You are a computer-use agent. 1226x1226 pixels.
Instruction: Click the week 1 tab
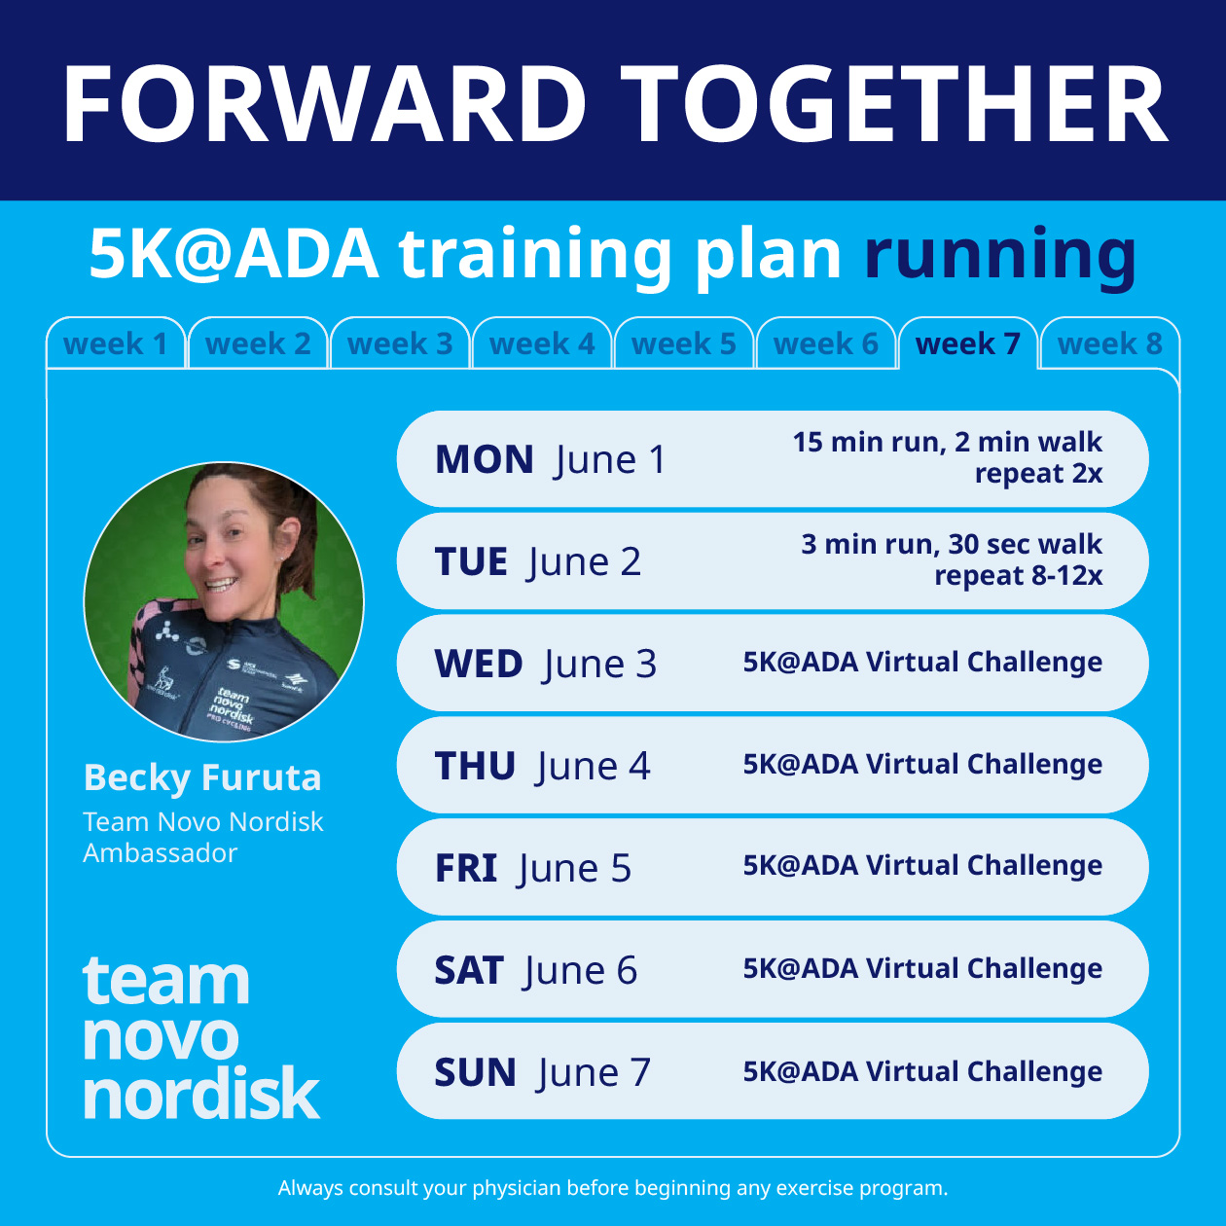pyautogui.click(x=115, y=343)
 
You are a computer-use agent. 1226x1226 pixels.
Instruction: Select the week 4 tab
pyautogui.click(x=542, y=343)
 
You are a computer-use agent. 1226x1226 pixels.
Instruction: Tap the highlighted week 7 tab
pyautogui.click(x=968, y=343)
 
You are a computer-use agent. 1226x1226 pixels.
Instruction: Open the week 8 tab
pyautogui.click(x=1110, y=343)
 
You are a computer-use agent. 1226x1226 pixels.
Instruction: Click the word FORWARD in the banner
pyautogui.click(x=325, y=105)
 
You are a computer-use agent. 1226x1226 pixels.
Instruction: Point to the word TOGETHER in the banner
pyautogui.click(x=894, y=105)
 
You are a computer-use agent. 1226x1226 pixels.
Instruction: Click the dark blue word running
pyautogui.click(x=1000, y=255)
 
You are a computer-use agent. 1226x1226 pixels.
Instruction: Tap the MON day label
pyautogui.click(x=485, y=459)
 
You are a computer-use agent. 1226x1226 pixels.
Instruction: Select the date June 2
pyautogui.click(x=585, y=561)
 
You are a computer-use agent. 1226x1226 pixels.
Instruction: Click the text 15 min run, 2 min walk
pyautogui.click(x=947, y=442)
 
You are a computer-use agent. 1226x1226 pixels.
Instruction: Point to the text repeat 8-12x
pyautogui.click(x=1018, y=576)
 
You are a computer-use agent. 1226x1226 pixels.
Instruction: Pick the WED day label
pyautogui.click(x=479, y=664)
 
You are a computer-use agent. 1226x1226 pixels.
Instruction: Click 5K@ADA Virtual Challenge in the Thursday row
pyautogui.click(x=922, y=765)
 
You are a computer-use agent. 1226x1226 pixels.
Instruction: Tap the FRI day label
pyautogui.click(x=466, y=868)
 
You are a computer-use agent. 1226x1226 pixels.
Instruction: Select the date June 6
pyautogui.click(x=581, y=970)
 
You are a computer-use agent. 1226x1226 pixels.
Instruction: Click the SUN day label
pyautogui.click(x=476, y=1072)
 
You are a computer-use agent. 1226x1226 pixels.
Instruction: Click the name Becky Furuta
pyautogui.click(x=202, y=777)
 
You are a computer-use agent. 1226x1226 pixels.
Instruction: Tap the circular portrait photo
pyautogui.click(x=224, y=601)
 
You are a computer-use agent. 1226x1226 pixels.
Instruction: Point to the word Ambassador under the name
pyautogui.click(x=161, y=853)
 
